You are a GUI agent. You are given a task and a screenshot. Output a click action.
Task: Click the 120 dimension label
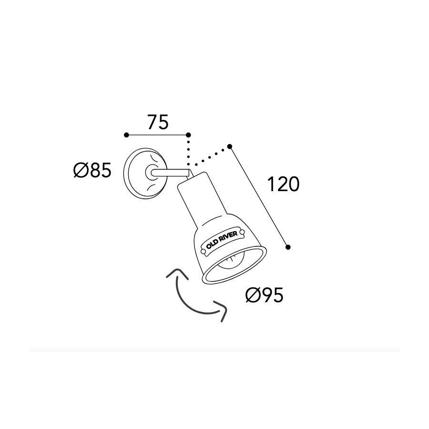[283, 184]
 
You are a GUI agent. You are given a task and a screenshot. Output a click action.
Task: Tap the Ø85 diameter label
[92, 170]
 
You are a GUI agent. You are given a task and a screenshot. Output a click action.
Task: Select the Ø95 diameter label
[264, 295]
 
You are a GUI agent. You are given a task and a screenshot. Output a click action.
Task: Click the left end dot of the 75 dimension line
[126, 135]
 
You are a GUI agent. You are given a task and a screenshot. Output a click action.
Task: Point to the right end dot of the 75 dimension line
[188, 135]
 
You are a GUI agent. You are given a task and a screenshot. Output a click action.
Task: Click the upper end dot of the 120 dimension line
[230, 146]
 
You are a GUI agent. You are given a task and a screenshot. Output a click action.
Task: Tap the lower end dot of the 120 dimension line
[288, 247]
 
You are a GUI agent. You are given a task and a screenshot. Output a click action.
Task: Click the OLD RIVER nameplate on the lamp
[222, 243]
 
